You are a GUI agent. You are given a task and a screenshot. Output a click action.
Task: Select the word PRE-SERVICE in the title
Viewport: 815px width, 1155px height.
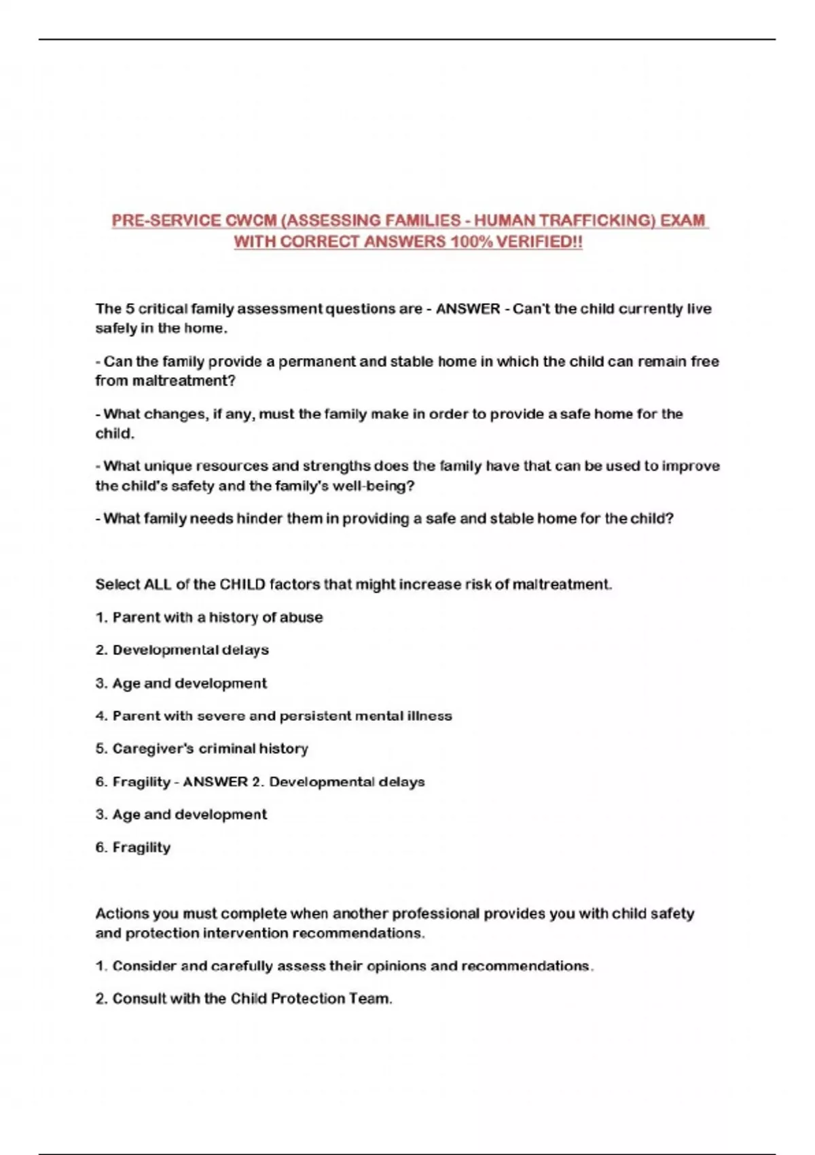pyautogui.click(x=166, y=221)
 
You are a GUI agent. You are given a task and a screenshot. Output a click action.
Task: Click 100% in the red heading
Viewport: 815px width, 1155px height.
pyautogui.click(x=471, y=242)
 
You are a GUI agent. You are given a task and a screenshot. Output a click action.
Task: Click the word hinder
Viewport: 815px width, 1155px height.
pyautogui.click(x=259, y=518)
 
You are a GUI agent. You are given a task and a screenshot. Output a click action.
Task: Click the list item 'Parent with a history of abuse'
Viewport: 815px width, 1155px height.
pyautogui.click(x=217, y=618)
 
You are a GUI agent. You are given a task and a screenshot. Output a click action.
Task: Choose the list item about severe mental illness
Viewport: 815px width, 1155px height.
pyautogui.click(x=282, y=716)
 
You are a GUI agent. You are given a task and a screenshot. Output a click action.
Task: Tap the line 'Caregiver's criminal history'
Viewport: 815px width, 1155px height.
pyautogui.click(x=210, y=749)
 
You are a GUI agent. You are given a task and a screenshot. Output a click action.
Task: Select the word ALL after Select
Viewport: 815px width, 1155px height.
pyautogui.click(x=158, y=584)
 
